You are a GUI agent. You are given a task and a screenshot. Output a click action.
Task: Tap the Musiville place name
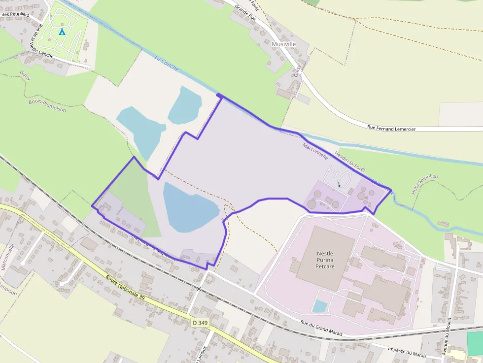[283, 44]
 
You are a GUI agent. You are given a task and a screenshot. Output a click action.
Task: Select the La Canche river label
[167, 64]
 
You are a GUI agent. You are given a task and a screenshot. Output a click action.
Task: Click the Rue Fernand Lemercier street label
[391, 129]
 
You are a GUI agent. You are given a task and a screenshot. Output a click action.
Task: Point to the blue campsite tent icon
[62, 32]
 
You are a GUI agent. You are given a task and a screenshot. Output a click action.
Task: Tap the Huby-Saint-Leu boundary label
[425, 184]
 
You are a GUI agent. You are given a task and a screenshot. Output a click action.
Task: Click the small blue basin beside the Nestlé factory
[320, 306]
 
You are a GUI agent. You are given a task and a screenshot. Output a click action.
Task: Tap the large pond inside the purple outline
[190, 207]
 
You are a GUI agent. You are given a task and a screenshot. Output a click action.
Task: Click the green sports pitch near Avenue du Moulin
[475, 343]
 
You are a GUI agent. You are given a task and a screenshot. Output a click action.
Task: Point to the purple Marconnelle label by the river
[315, 151]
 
